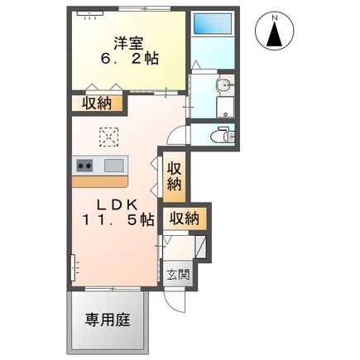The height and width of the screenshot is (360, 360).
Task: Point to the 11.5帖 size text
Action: [x=117, y=220]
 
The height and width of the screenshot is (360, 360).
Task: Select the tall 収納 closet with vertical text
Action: [x=175, y=177]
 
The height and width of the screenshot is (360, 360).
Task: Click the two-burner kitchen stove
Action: [x=86, y=165]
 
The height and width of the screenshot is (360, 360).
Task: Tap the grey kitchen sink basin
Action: [x=114, y=165]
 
